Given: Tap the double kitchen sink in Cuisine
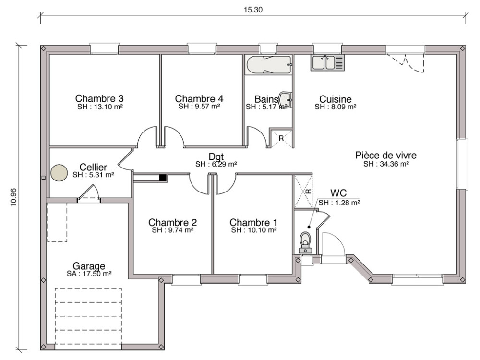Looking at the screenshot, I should pyautogui.click(x=327, y=63).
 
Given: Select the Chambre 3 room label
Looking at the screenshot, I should pyautogui.click(x=99, y=98).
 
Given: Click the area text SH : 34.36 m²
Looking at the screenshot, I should pyautogui.click(x=386, y=164).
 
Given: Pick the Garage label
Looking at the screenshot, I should pyautogui.click(x=89, y=265).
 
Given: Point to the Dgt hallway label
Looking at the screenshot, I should pyautogui.click(x=216, y=156).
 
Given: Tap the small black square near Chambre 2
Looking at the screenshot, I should pyautogui.click(x=163, y=178).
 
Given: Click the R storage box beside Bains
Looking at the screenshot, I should pyautogui.click(x=281, y=138).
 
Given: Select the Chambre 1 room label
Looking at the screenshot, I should pyautogui.click(x=253, y=222).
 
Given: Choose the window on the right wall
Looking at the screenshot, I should pyautogui.click(x=462, y=164).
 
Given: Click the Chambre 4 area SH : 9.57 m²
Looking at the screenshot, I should pyautogui.click(x=199, y=107).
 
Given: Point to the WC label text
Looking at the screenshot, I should pyautogui.click(x=338, y=193).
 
